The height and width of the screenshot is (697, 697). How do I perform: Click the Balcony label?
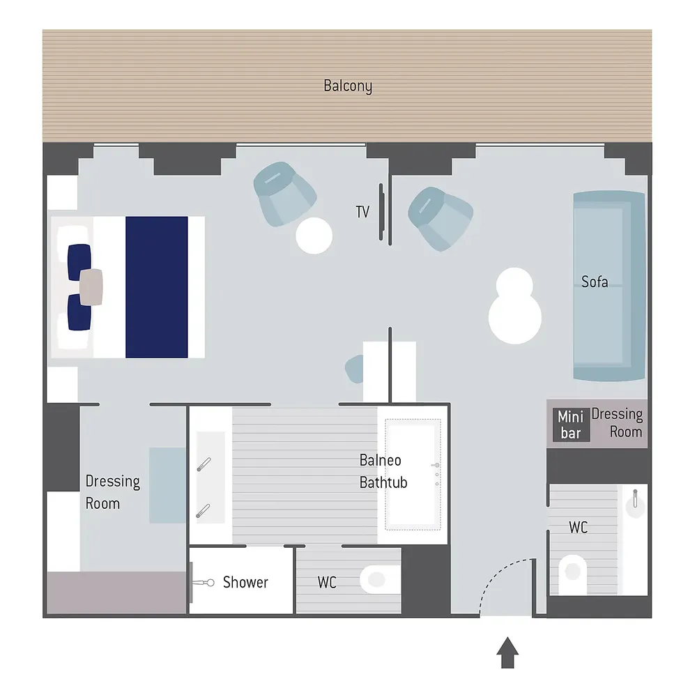pos(348,86)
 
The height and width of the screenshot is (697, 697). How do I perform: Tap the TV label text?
pos(362,212)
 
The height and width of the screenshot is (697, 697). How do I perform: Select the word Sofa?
pos(595,282)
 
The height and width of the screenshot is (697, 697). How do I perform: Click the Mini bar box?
pos(572,425)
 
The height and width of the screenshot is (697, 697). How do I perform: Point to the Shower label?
pos(245,582)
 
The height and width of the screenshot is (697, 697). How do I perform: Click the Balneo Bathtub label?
pos(383,471)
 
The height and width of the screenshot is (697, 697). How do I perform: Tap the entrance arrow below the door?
pos(507,652)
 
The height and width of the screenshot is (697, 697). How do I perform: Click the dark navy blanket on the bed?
pos(156,287)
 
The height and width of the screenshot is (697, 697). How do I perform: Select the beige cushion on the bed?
pos(91,287)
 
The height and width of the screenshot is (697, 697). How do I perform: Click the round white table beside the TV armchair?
pos(314,236)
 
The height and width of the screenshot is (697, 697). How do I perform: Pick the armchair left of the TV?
pos(284,194)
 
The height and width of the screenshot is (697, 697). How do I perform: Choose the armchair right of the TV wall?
pos(441,219)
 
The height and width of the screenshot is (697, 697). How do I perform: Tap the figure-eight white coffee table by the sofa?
pos(515,306)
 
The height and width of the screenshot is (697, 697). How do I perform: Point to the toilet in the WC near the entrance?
pos(572,574)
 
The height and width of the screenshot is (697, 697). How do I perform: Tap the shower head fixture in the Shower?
pos(203,582)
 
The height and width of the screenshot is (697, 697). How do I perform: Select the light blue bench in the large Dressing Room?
pos(167,485)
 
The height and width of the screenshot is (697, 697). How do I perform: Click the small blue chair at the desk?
pos(354,369)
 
